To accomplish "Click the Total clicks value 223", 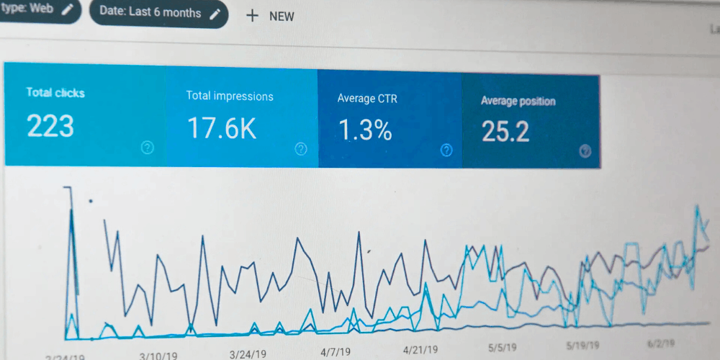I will point(50,126).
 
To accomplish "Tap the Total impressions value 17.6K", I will point(222,128).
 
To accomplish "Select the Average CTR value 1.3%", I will point(365,130).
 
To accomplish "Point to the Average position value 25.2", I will point(505,132).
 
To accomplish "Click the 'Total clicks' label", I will point(55,93).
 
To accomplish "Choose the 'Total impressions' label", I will point(230,96).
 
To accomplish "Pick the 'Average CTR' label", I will point(367,99).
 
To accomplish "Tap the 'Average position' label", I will point(518,102).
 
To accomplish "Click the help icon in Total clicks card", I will point(148,148).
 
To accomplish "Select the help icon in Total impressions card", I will point(301,149).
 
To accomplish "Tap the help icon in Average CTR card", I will point(446,150).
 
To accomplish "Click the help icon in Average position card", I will point(585,150).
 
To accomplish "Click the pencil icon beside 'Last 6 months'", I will point(215,14).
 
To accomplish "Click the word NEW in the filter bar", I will point(282,17).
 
